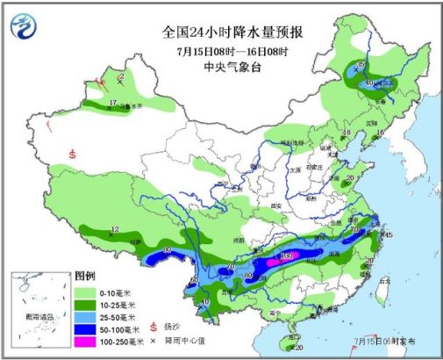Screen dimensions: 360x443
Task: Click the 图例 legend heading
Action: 84,275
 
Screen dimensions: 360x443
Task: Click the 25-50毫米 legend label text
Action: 118,314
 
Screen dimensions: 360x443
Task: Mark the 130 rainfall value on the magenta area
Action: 285,257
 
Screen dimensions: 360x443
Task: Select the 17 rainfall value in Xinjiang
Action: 112,103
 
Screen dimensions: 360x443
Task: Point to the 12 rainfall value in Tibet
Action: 114,230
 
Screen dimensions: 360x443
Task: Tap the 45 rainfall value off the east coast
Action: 388,234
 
